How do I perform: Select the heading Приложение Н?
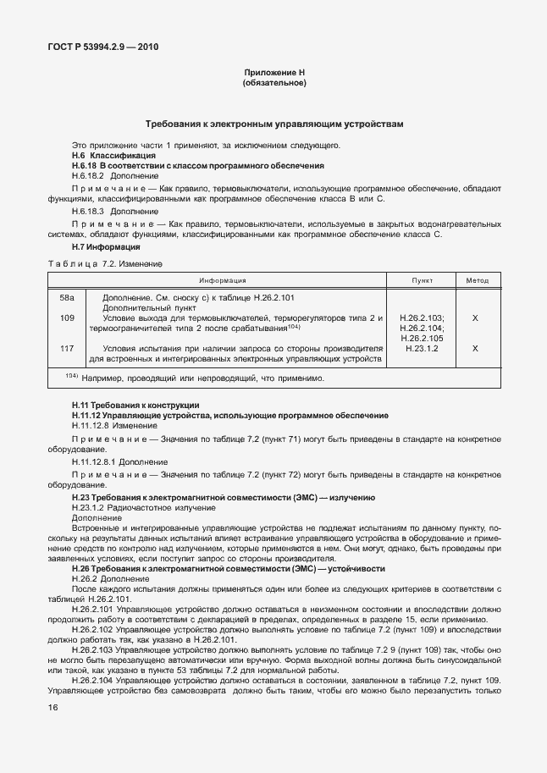pos(273,74)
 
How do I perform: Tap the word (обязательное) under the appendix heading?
pos(273,84)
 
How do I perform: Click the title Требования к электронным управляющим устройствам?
pos(273,124)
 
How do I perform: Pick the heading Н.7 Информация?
pos(106,246)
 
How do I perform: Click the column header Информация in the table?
pos(223,280)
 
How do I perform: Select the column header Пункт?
pos(422,280)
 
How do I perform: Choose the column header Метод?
pos(478,280)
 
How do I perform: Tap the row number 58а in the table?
pos(68,297)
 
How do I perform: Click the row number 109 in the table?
pos(68,317)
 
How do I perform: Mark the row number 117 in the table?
pos(68,348)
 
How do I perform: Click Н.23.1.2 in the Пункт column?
pos(422,348)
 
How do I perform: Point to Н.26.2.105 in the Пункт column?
pos(422,338)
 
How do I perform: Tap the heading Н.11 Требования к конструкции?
pos(135,406)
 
